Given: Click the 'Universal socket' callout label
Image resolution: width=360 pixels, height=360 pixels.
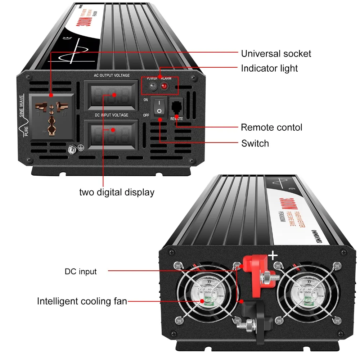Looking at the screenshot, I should [x=276, y=54].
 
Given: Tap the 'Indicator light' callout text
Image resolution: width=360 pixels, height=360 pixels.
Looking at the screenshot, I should [x=269, y=68].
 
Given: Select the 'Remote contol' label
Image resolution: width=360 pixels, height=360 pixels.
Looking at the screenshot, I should [x=271, y=127].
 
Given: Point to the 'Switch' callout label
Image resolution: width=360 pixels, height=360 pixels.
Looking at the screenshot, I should [x=255, y=143].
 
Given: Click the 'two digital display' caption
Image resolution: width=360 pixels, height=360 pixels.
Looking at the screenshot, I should [x=117, y=192].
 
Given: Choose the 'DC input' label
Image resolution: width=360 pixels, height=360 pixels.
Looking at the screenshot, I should [x=81, y=271].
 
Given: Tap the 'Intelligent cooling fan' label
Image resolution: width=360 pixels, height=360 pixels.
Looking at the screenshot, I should [x=82, y=301].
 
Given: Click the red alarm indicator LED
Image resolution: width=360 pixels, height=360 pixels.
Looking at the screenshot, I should [x=165, y=86].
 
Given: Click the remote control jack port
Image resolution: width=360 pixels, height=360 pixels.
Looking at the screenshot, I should [x=176, y=107].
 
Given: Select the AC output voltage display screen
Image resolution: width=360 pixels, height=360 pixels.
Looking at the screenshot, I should [x=111, y=95].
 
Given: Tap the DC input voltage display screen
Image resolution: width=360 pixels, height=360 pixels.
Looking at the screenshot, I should [x=111, y=134].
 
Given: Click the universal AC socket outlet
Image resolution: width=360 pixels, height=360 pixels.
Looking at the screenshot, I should [x=52, y=116].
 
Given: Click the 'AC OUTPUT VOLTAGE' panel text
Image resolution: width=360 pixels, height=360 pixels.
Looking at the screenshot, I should [x=112, y=75].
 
